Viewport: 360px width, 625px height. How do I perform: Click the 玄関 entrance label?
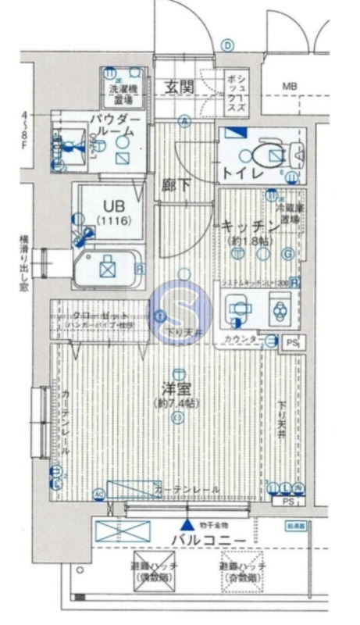click(x=180, y=87)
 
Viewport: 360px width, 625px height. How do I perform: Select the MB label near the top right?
click(x=290, y=85)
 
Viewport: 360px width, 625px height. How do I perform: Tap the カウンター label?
click(x=241, y=340)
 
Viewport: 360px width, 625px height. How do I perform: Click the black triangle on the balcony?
click(x=187, y=525)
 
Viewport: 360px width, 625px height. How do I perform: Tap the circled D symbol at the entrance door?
click(x=227, y=46)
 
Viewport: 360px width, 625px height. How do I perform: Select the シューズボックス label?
click(x=237, y=91)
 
